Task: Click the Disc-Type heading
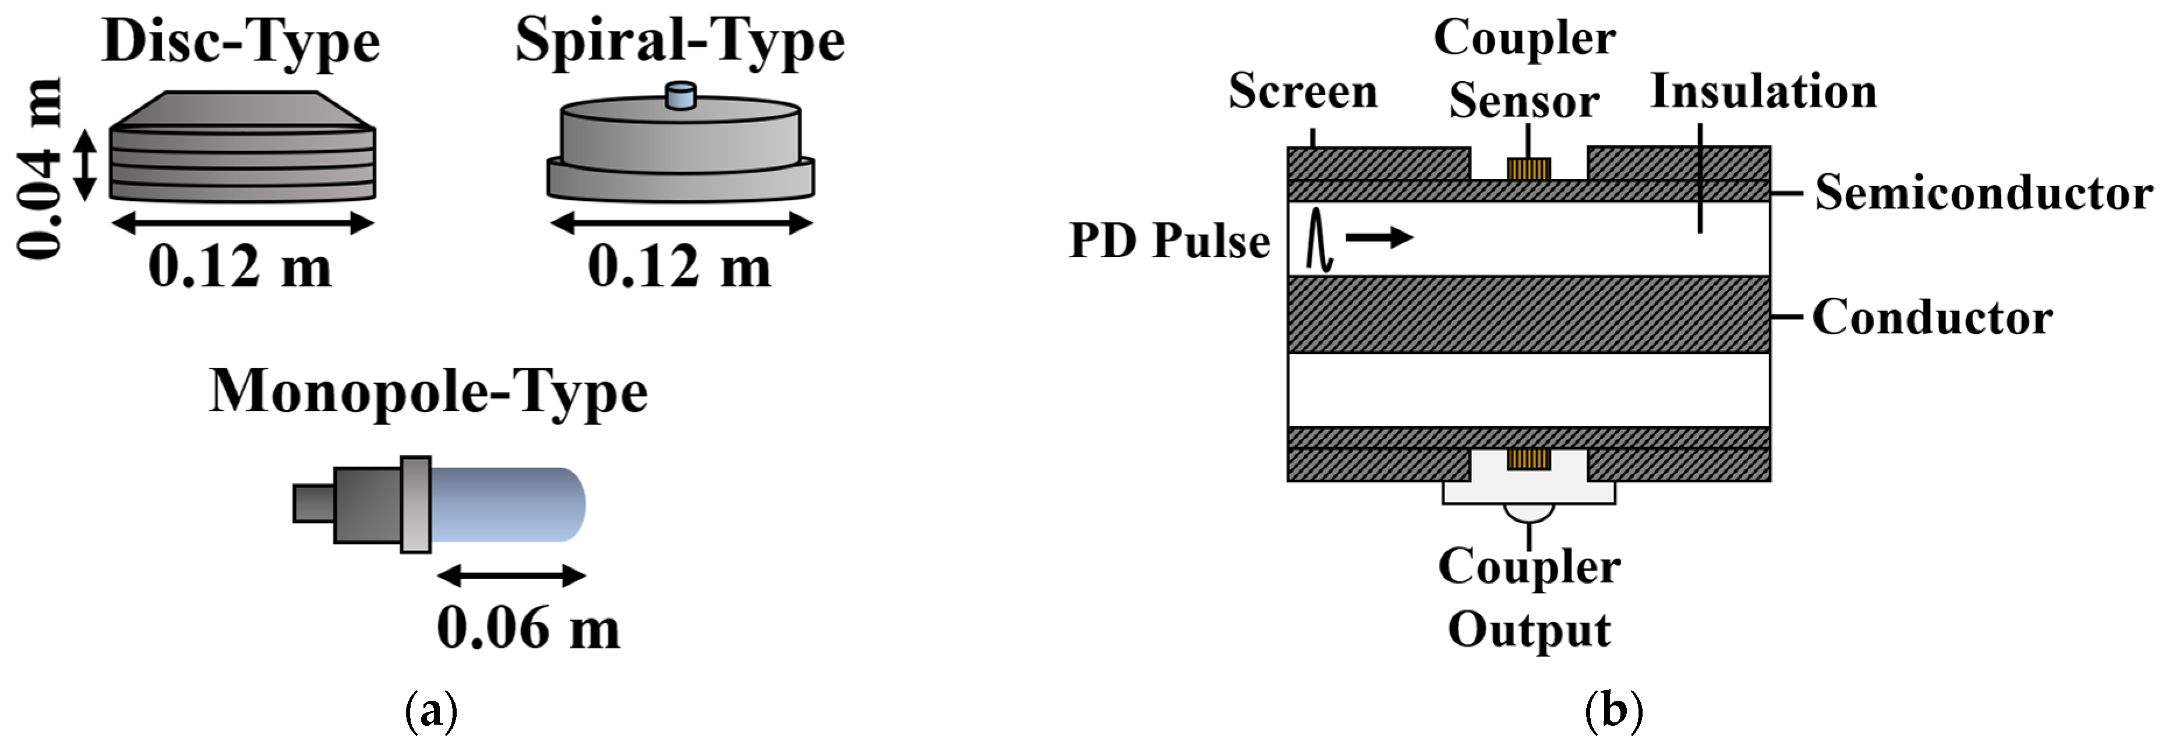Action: (x=241, y=42)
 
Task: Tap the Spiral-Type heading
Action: (x=680, y=42)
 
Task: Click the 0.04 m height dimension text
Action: (x=40, y=168)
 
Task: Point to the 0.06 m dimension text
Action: (x=528, y=628)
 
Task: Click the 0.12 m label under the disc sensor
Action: (x=241, y=267)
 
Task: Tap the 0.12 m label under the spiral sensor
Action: (x=680, y=267)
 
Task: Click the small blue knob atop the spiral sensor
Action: (x=680, y=96)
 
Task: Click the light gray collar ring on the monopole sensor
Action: (x=415, y=504)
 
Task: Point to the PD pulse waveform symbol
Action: (x=1319, y=239)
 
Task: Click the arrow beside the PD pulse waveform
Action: (x=1379, y=238)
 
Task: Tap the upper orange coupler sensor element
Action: (x=1528, y=170)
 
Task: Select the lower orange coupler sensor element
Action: (x=1528, y=458)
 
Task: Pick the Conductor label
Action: (x=1932, y=317)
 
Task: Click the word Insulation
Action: (x=1763, y=92)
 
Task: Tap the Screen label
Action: (x=1303, y=92)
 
